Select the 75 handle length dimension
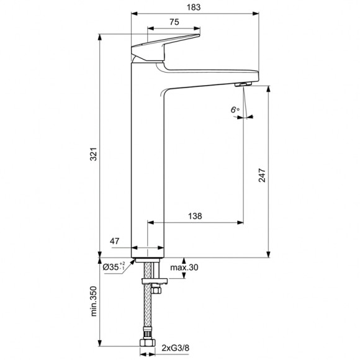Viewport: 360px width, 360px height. click(174, 22)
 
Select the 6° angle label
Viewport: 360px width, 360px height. click(235, 109)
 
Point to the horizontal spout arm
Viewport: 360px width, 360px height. click(211, 73)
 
